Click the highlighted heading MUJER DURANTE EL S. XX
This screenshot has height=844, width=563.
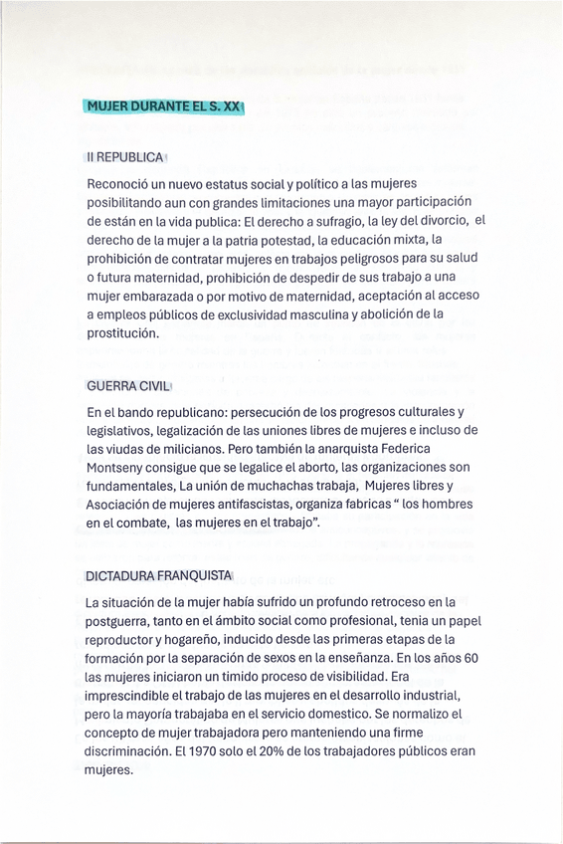(x=164, y=106)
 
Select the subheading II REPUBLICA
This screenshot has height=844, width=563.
(x=125, y=158)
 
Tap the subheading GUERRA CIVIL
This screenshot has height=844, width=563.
(x=129, y=386)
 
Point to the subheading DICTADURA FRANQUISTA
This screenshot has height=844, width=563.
(x=158, y=577)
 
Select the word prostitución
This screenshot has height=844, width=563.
(x=122, y=333)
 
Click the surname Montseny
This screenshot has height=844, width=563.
(x=117, y=467)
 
